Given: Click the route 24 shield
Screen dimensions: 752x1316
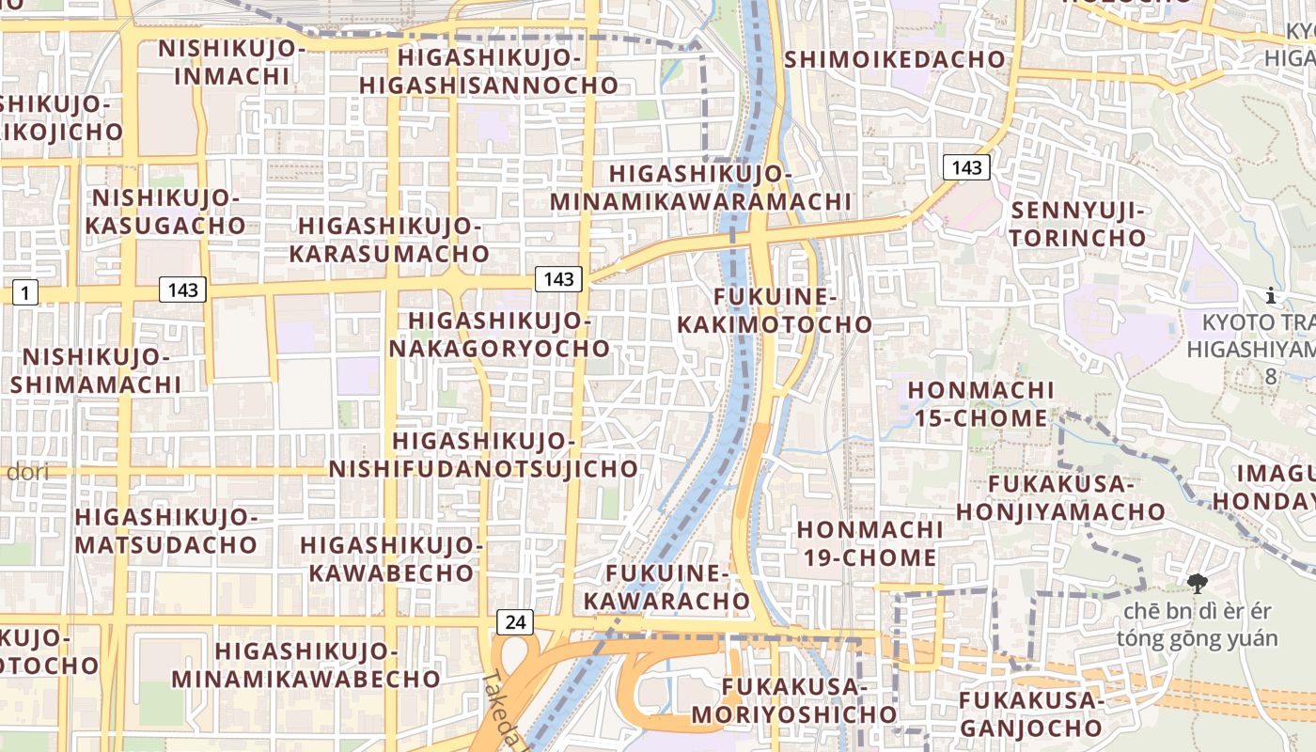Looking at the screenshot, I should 514,621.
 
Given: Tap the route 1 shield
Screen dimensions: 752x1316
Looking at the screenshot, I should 24,292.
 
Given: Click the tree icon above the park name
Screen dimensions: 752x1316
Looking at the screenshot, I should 1197,584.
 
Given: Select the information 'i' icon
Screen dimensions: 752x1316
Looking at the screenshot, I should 1271,296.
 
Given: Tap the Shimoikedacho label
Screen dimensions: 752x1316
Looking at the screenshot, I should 895,59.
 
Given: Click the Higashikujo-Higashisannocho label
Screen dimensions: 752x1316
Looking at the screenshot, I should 489,71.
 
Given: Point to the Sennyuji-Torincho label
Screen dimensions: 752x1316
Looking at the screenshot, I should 1078,224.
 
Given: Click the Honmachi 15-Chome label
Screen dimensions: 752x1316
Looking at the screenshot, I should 979,403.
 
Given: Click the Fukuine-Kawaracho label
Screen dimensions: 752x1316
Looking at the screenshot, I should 667,587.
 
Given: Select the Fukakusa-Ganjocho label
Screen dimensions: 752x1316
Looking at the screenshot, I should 1030,713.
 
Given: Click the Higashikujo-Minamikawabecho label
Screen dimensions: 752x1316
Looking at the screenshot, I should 305,665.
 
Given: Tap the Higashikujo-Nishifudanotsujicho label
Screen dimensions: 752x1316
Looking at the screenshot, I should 483,454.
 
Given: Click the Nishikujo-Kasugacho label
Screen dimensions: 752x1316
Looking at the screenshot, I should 165,211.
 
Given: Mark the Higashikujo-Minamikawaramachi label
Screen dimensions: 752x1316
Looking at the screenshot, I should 700,188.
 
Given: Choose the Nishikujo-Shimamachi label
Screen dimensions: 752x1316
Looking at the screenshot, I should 96,370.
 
